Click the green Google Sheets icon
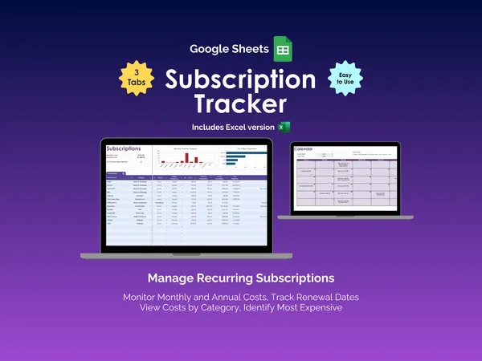(x=282, y=48)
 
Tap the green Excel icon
(x=284, y=127)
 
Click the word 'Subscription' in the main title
(x=240, y=80)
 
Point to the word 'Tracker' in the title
(x=240, y=104)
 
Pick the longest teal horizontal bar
(x=243, y=155)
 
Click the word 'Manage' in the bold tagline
(x=172, y=279)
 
